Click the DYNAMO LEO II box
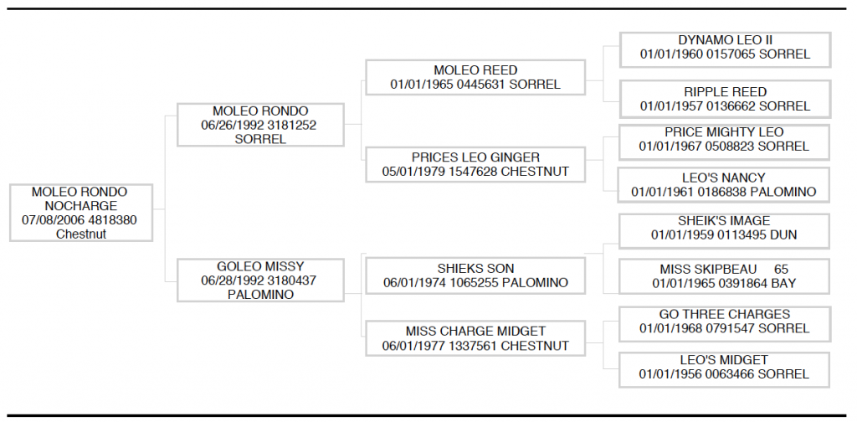click(725, 49)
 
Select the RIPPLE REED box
click(725, 99)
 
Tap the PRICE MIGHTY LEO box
click(724, 142)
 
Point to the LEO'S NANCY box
click(724, 185)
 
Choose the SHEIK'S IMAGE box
click(724, 231)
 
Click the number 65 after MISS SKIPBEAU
click(781, 270)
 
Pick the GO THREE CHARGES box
click(724, 324)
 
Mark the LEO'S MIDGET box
click(724, 370)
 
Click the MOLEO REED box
click(475, 78)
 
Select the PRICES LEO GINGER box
click(475, 165)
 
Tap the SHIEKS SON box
click(475, 276)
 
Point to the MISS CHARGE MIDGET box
click(475, 338)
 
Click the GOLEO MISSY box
click(261, 280)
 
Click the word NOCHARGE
click(81, 206)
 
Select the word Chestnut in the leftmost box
click(81, 234)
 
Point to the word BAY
click(783, 284)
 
